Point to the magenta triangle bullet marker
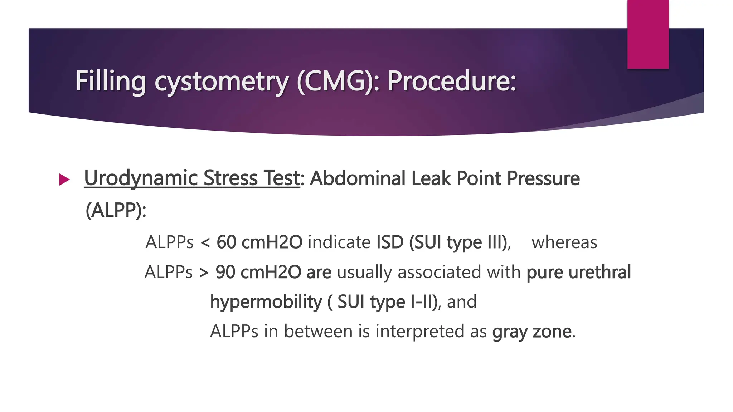pyautogui.click(x=64, y=180)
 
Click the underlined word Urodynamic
pyautogui.click(x=141, y=178)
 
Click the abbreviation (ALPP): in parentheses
pyautogui.click(x=116, y=210)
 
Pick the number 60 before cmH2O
pyautogui.click(x=226, y=242)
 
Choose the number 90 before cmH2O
pyautogui.click(x=225, y=272)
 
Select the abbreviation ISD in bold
pyautogui.click(x=390, y=242)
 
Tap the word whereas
pyautogui.click(x=564, y=242)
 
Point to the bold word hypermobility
pyautogui.click(x=266, y=301)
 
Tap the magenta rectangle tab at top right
pyautogui.click(x=648, y=34)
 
